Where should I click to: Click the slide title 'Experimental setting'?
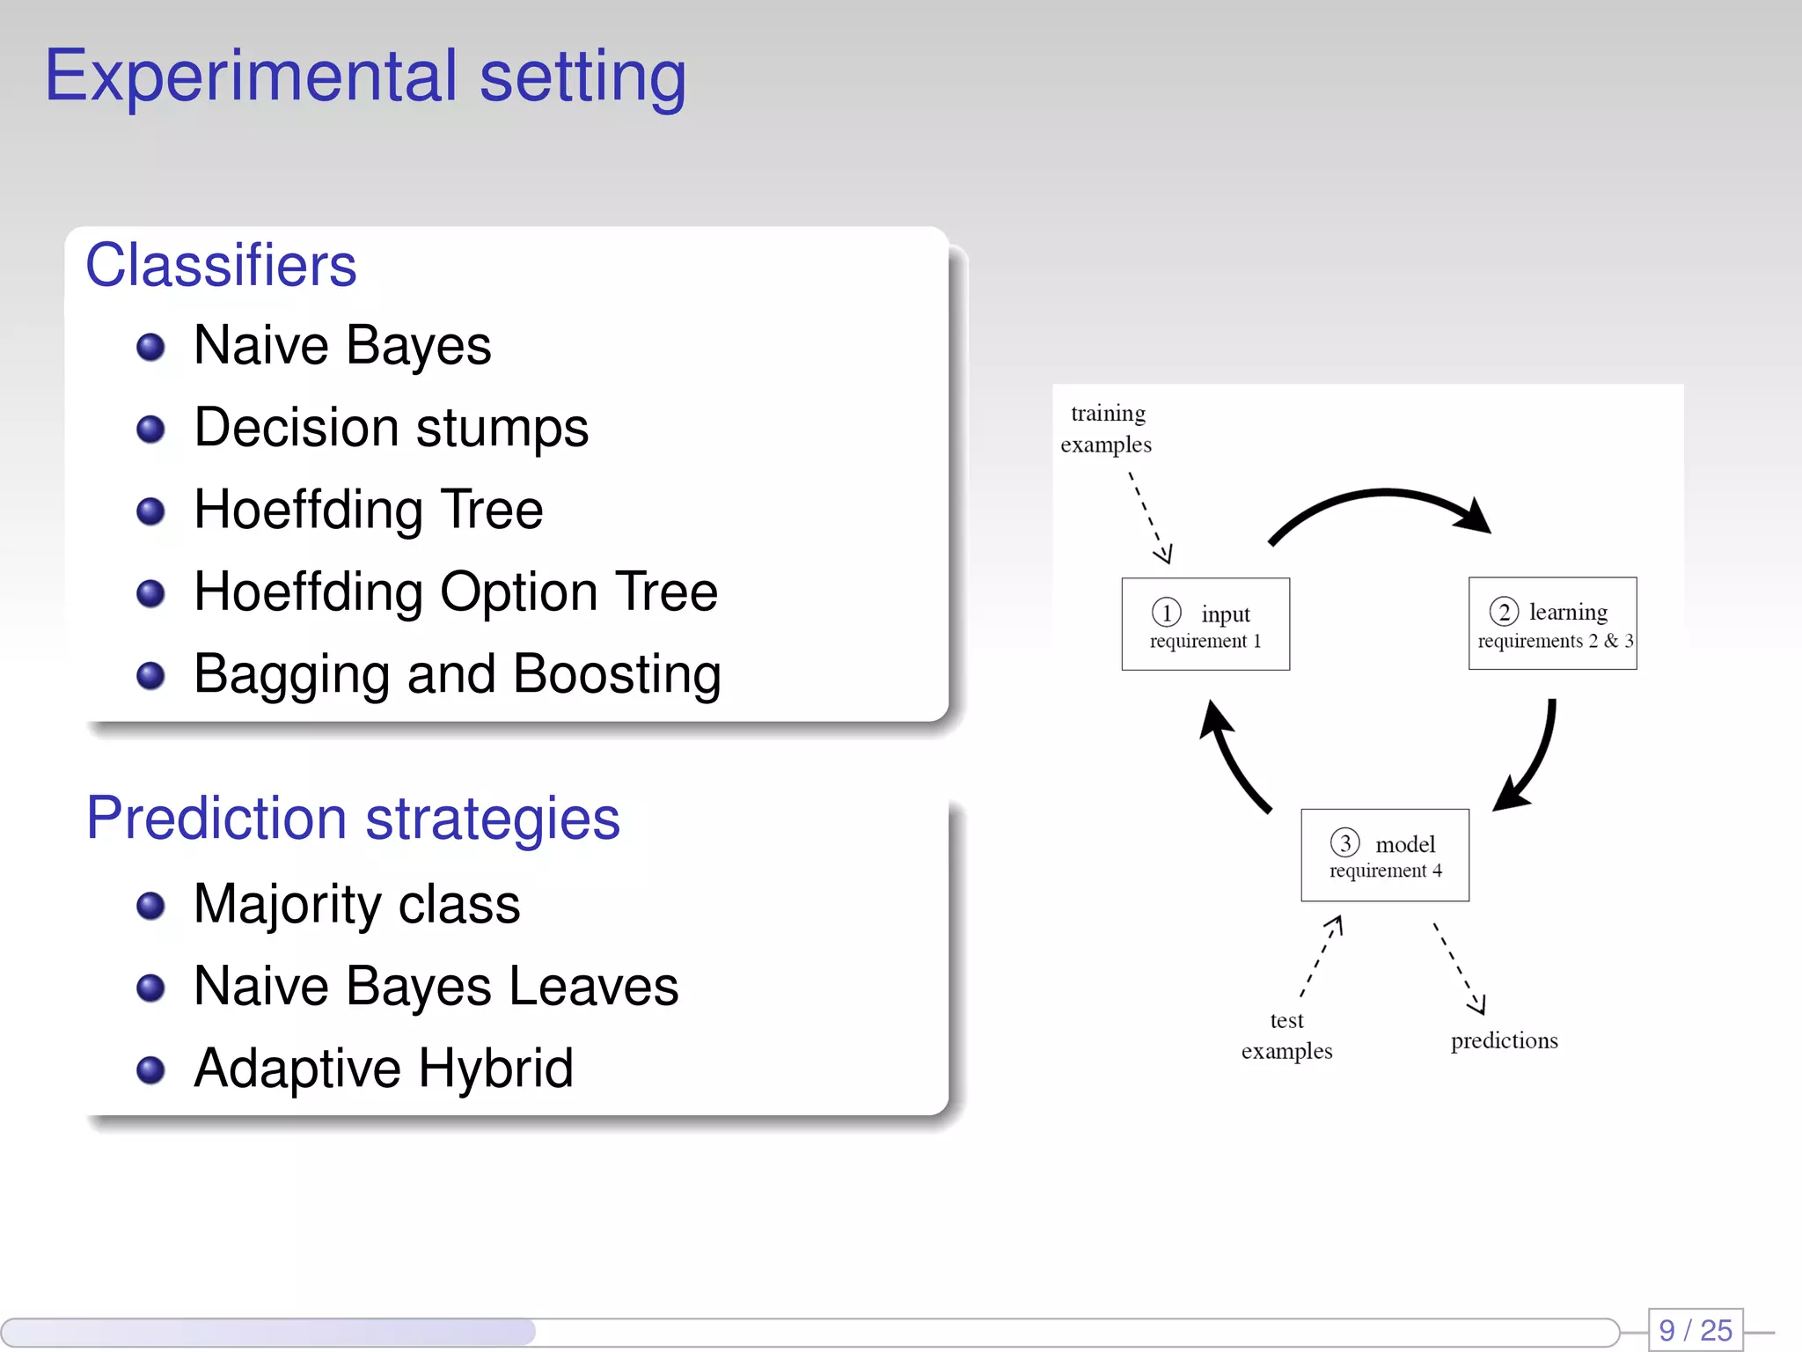(x=365, y=77)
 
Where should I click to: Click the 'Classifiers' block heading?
(x=221, y=265)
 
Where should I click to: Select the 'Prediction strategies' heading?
(x=353, y=818)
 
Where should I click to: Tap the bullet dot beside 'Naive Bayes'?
(x=150, y=346)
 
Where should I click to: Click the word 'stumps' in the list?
(x=502, y=429)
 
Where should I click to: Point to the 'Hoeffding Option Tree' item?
(x=455, y=591)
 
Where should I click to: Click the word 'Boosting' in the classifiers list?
(x=617, y=674)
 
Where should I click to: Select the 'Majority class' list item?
(x=356, y=904)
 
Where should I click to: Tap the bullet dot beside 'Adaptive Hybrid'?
(x=150, y=1069)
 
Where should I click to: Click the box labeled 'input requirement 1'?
(x=1205, y=624)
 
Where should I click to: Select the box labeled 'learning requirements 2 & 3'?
(x=1552, y=624)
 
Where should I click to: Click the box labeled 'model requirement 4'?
(x=1385, y=855)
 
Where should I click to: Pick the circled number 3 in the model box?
(x=1344, y=842)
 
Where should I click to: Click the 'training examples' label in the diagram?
(x=1107, y=429)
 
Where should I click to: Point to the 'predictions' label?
(x=1504, y=1040)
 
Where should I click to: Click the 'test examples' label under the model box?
(x=1286, y=1035)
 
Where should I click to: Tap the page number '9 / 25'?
(x=1696, y=1329)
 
